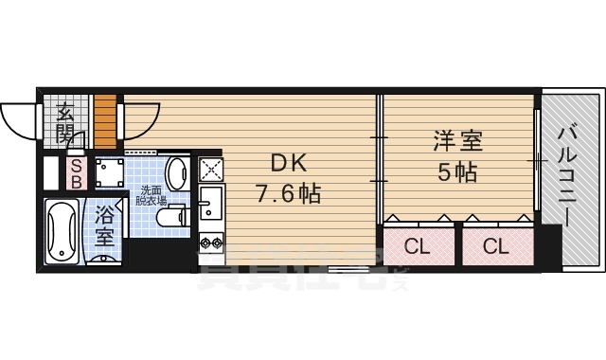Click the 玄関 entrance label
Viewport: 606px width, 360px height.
tap(65, 124)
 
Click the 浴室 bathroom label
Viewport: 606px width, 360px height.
tap(106, 224)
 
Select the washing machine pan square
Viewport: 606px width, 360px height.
tap(110, 173)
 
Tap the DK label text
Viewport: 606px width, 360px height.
tap(289, 162)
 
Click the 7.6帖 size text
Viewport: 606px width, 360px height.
tap(289, 194)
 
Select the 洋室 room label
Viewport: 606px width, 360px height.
tap(458, 143)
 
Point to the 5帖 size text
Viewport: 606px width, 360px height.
tap(458, 174)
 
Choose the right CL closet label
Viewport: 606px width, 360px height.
tap(496, 248)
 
